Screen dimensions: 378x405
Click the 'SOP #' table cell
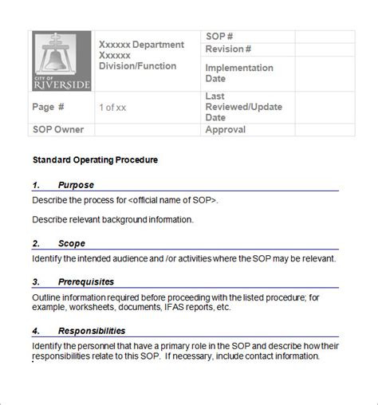[x=219, y=37]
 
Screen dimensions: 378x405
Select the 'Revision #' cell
[x=229, y=49]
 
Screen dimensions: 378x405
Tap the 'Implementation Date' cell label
[x=238, y=73]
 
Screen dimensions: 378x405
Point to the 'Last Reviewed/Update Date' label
[x=244, y=107]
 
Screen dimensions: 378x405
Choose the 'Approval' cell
[x=226, y=129]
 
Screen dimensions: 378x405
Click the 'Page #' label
[x=49, y=107]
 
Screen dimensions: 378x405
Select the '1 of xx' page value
[x=112, y=107]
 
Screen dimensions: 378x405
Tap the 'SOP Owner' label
[x=57, y=129]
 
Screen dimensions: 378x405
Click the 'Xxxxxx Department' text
[x=141, y=45]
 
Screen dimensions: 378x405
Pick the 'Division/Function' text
[x=137, y=66]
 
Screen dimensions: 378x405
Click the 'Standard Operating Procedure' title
[x=95, y=159]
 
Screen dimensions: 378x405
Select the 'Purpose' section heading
[x=76, y=185]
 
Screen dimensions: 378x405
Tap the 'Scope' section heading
[x=71, y=243]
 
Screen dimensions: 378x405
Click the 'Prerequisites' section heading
[x=85, y=281]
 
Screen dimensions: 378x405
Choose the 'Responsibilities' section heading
[x=92, y=330]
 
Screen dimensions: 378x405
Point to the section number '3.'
[x=37, y=281]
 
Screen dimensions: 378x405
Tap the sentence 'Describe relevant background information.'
[x=113, y=219]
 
